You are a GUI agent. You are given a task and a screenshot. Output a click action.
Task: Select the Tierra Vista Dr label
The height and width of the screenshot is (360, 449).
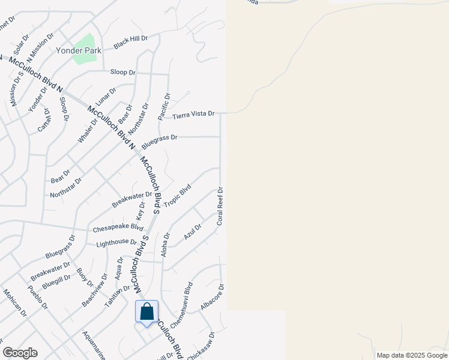coord(193,115)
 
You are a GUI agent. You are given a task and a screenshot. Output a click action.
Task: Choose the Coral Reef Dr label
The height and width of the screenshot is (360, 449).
coord(220,206)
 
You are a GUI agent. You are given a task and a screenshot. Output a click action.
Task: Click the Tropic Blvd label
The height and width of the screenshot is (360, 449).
coord(177,196)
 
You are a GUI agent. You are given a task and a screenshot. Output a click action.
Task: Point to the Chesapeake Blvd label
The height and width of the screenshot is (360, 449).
coord(118,229)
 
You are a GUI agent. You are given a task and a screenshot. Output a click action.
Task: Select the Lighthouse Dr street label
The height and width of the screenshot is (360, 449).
coord(116,242)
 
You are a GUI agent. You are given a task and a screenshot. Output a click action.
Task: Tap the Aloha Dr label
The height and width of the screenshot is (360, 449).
coord(166,245)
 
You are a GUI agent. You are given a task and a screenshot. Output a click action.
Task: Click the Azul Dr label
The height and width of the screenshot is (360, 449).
coord(193,231)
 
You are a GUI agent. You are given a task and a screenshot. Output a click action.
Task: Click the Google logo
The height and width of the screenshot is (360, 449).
coord(20,353)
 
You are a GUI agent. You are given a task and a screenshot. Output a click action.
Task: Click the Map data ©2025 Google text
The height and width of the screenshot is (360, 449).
coord(412,355)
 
